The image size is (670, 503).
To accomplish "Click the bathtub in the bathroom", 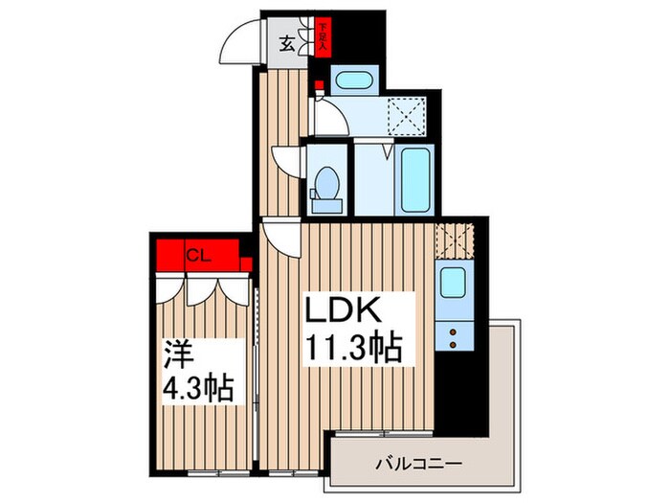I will tap(415, 179).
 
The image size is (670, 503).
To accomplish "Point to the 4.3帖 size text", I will tap(200, 392).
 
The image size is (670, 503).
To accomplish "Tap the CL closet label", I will tap(198, 255).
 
